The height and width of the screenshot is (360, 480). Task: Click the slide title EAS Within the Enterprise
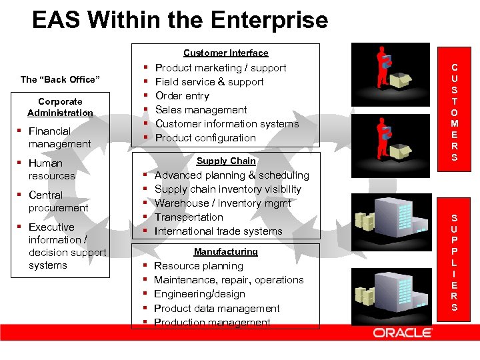pyautogui.click(x=180, y=20)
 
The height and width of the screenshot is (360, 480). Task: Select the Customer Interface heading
pyautogui.click(x=225, y=53)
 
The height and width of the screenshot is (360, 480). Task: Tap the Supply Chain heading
pyautogui.click(x=226, y=161)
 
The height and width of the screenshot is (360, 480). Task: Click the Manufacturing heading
pyautogui.click(x=225, y=251)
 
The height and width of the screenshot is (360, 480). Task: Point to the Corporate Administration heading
pyautogui.click(x=60, y=107)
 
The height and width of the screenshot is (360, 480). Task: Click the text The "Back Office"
pyautogui.click(x=60, y=79)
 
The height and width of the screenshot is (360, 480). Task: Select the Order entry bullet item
pyautogui.click(x=182, y=96)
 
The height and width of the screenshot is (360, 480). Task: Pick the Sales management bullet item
pyautogui.click(x=201, y=110)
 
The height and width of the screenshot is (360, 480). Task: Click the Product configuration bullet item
pyautogui.click(x=205, y=138)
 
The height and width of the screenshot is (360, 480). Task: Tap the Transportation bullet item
pyautogui.click(x=189, y=217)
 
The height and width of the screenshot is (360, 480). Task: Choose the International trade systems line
pyautogui.click(x=218, y=231)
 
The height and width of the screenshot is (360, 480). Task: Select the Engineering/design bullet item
pyautogui.click(x=199, y=294)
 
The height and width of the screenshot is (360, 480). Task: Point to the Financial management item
pyautogui.click(x=59, y=137)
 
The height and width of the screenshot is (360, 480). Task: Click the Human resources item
pyautogui.click(x=51, y=169)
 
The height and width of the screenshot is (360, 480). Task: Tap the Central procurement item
pyautogui.click(x=58, y=201)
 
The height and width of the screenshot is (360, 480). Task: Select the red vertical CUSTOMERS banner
pyautogui.click(x=454, y=112)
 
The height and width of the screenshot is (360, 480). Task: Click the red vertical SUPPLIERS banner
pyautogui.click(x=454, y=263)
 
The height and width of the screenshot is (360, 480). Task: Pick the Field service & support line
pyautogui.click(x=209, y=82)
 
